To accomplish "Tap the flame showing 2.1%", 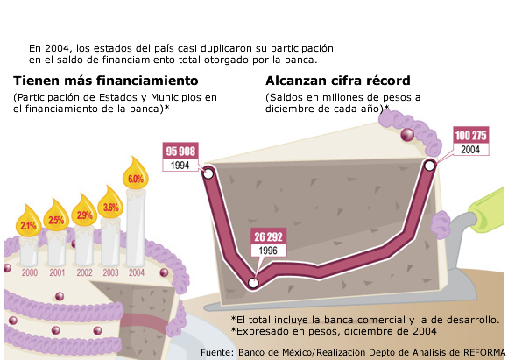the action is [29, 222].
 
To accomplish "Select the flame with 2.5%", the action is [56, 216].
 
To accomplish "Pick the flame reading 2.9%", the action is [84, 211].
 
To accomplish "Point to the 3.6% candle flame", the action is [110, 203].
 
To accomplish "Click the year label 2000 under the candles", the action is [30, 272].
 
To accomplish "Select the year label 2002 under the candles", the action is [84, 272].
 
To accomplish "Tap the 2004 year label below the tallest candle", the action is [137, 272].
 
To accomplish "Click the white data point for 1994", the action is [208, 173].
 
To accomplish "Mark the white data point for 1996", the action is [253, 283].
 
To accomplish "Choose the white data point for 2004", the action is [429, 166].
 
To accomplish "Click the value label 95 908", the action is [180, 151].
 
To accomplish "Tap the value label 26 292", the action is [269, 236].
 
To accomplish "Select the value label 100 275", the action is [470, 135].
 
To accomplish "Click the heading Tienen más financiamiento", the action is [106, 81].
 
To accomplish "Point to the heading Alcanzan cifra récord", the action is [338, 81].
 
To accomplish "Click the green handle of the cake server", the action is [488, 209].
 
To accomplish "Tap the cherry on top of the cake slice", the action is [407, 135].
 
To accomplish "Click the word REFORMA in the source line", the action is [484, 352].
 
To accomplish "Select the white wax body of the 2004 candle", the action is [136, 228].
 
